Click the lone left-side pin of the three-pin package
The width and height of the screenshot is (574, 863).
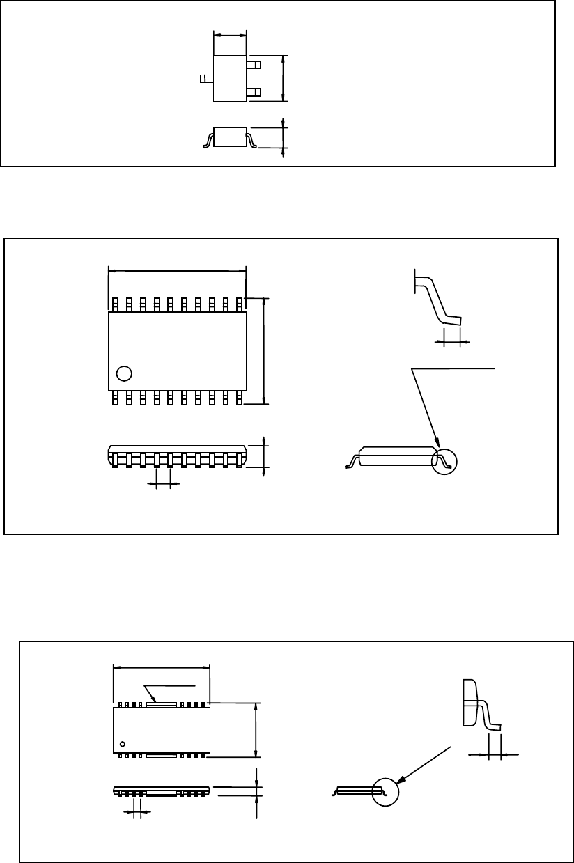[207, 79]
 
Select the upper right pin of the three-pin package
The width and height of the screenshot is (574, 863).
[254, 65]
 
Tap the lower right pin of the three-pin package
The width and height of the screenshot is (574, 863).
[254, 92]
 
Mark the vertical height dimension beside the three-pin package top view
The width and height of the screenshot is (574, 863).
[283, 78]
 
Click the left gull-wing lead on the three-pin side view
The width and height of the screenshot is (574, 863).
[208, 141]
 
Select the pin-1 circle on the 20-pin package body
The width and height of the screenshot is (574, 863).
[124, 373]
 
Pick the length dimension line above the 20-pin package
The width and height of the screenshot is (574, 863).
[178, 270]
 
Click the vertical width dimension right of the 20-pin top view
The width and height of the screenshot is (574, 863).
[264, 350]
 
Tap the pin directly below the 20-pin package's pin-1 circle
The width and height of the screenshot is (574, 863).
[116, 398]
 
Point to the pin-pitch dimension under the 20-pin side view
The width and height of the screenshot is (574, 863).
[164, 483]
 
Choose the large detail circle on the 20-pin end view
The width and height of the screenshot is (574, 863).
[446, 460]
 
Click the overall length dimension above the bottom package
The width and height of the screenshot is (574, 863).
[161, 667]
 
